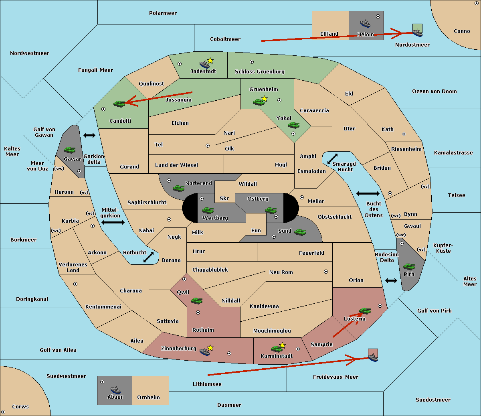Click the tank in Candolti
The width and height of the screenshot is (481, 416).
(119, 103)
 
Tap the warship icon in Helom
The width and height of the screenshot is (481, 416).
(365, 23)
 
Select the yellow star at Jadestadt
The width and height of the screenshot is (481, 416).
(210, 61)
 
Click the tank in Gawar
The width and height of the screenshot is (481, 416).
(70, 150)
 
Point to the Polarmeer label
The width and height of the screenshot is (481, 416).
(163, 13)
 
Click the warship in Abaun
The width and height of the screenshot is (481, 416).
(115, 390)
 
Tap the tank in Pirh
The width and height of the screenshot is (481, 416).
(409, 266)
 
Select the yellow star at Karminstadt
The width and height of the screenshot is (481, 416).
(282, 345)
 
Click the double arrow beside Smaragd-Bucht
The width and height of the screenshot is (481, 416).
(332, 158)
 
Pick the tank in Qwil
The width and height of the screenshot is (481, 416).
(197, 300)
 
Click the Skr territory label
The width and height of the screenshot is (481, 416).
(224, 198)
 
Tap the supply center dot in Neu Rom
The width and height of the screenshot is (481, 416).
(326, 272)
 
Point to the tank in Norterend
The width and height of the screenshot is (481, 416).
(178, 188)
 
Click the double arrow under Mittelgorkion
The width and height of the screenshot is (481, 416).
(113, 222)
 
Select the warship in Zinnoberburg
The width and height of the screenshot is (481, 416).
(205, 351)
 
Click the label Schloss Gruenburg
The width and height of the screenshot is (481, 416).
(259, 71)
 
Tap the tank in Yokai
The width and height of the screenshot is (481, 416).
(294, 125)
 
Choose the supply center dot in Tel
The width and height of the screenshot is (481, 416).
(208, 146)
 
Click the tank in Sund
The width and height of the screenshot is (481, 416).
(300, 232)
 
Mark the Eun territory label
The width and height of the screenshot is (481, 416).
(256, 230)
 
